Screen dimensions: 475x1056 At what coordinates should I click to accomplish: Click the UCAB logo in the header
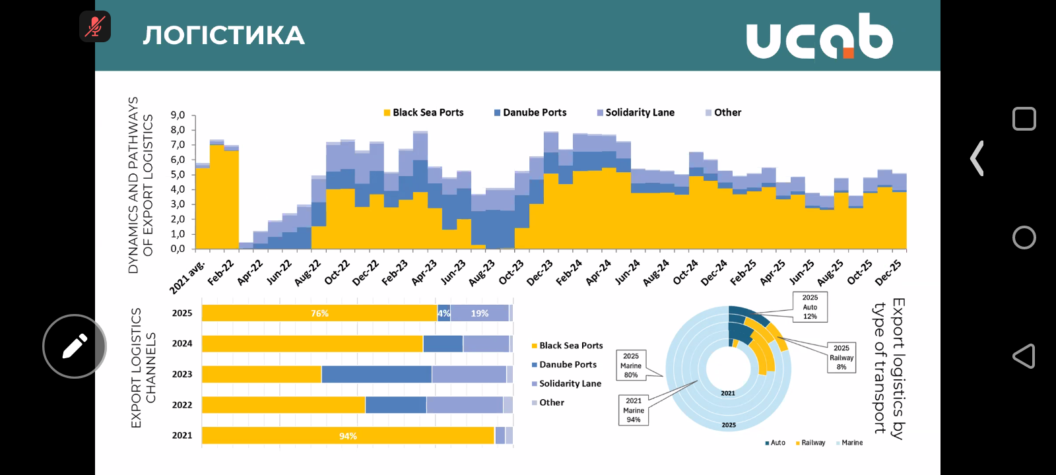point(819,36)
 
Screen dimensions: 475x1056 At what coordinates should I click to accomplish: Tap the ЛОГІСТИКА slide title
point(224,36)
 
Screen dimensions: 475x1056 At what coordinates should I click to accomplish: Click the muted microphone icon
point(95,26)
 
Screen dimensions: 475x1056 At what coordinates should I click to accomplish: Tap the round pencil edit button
point(75,346)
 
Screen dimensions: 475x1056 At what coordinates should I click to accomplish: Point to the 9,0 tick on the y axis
point(178,115)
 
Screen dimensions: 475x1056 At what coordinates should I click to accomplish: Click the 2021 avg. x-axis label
point(187,277)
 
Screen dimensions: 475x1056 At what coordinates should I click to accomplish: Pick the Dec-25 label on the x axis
point(888,272)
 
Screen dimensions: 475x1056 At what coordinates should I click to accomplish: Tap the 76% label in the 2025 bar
point(319,313)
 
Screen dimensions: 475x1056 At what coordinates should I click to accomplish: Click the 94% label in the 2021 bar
point(348,436)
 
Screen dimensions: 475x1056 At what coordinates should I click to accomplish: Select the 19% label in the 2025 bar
point(480,313)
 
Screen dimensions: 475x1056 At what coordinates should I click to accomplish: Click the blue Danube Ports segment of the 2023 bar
point(376,374)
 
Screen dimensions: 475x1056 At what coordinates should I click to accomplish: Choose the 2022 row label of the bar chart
point(182,405)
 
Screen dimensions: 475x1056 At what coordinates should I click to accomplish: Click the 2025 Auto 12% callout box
point(810,307)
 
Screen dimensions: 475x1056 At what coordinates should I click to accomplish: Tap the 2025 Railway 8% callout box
point(841,358)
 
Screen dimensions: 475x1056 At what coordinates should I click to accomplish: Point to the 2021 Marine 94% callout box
point(634,410)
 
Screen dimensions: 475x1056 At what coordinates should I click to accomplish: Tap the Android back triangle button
point(1024,356)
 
